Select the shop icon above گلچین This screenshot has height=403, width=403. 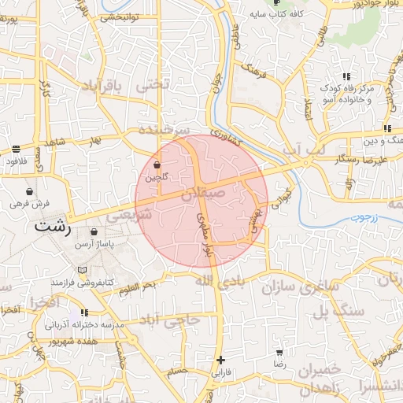point(157,165)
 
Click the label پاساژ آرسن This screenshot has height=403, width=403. point(94,245)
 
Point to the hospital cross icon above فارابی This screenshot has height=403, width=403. point(220,360)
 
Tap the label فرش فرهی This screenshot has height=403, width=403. point(30,203)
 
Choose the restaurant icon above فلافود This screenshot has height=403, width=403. point(17,149)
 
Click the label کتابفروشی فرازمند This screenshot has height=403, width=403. point(83,281)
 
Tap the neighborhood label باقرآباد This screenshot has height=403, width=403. point(107,87)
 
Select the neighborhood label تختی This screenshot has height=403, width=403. point(153,83)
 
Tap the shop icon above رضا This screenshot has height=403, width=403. point(279,353)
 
